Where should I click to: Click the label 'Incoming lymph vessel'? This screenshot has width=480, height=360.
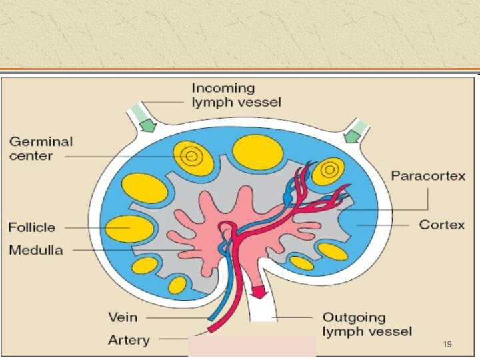point(236,95)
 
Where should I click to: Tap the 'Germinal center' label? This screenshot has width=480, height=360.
point(41,149)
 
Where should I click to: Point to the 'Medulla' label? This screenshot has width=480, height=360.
point(35,251)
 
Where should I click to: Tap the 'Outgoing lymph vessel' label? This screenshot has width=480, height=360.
point(367,324)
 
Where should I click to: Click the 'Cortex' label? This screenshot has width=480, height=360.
point(441,225)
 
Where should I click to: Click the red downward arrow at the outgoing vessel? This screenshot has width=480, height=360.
point(258,291)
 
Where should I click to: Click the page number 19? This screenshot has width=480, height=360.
point(447,344)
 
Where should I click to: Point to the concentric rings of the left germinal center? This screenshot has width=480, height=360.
point(191,157)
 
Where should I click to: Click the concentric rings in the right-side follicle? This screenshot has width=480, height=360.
point(328,170)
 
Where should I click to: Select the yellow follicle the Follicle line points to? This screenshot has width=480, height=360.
point(130,229)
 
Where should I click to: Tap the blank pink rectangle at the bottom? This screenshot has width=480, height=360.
point(251,347)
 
